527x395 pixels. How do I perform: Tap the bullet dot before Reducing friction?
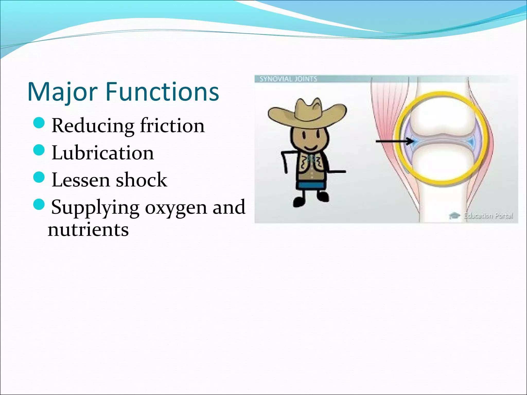pyautogui.click(x=39, y=122)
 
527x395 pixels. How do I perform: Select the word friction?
pyautogui.click(x=172, y=125)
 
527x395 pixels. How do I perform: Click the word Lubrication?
pyautogui.click(x=103, y=153)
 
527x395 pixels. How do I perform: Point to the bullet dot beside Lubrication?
pyautogui.click(x=39, y=150)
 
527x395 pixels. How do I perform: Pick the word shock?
pyautogui.click(x=141, y=180)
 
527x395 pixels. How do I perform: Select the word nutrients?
pyautogui.click(x=88, y=230)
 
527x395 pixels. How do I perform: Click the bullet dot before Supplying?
pyautogui.click(x=39, y=204)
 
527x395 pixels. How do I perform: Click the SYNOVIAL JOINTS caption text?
pyautogui.click(x=288, y=79)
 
